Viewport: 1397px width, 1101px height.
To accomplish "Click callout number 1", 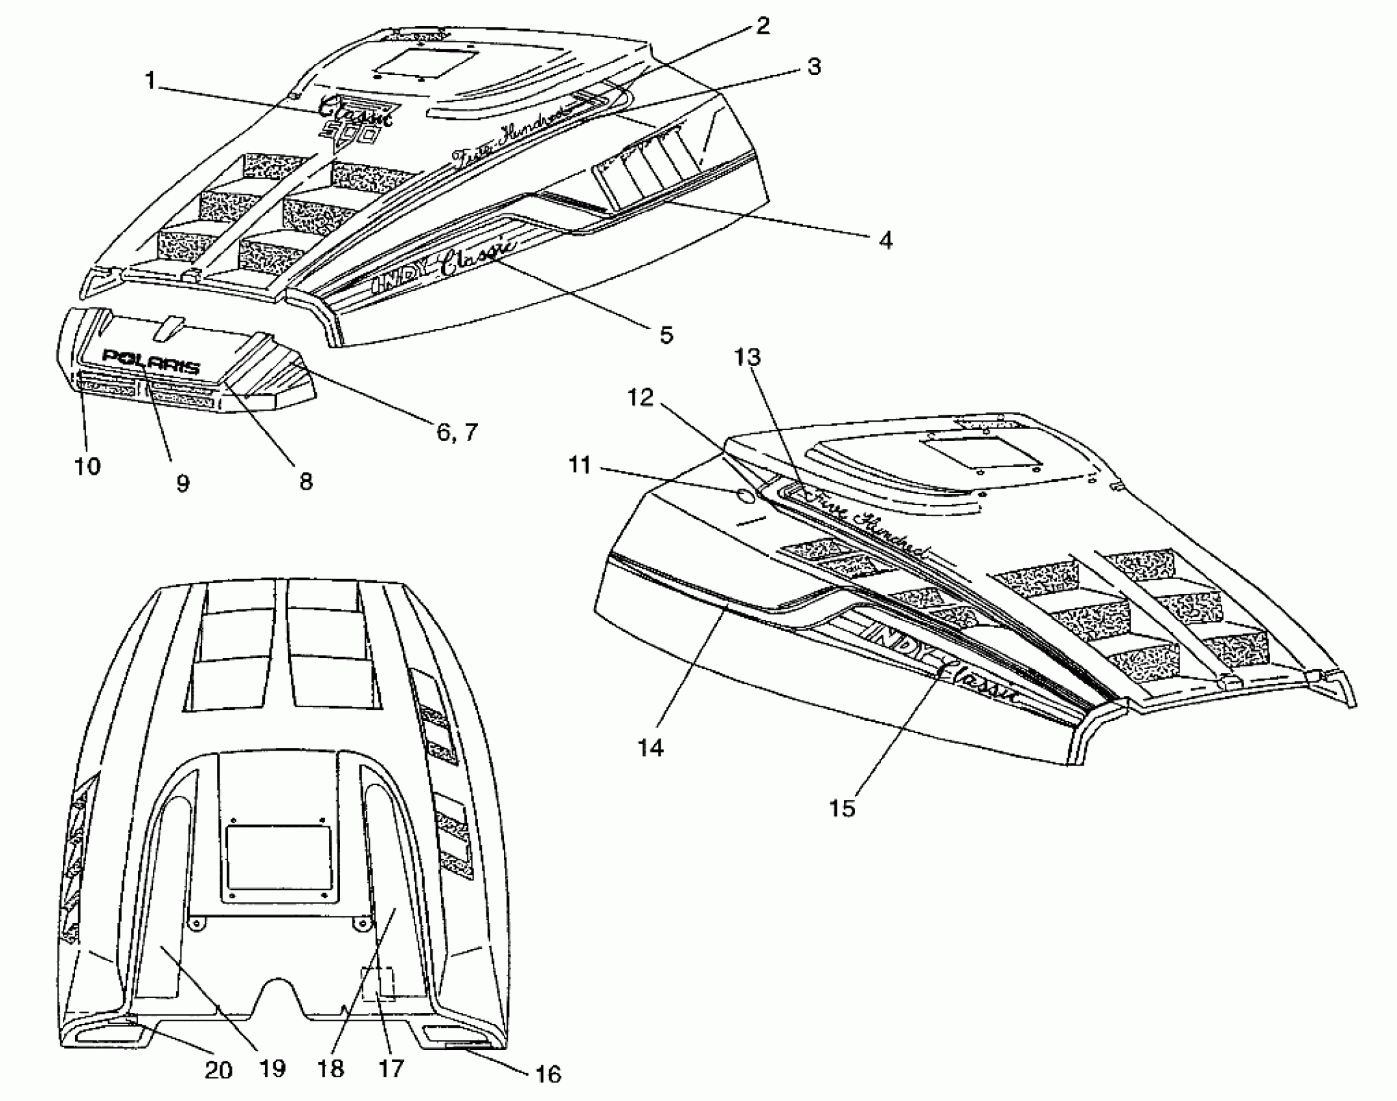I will [x=151, y=82].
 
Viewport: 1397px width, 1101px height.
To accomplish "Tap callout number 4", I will [x=885, y=240].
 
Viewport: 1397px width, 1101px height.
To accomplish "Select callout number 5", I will [x=666, y=335].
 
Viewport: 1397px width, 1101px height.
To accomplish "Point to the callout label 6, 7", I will [x=457, y=432].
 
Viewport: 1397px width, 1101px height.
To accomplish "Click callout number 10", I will [x=88, y=466].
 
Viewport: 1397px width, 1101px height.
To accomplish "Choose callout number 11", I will [x=580, y=465].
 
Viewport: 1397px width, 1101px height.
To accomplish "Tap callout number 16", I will [x=548, y=1074].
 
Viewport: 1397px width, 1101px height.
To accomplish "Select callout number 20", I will [x=218, y=1069].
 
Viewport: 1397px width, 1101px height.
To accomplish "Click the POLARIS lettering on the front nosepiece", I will [x=152, y=362].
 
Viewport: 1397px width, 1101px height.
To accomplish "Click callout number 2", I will [x=763, y=26].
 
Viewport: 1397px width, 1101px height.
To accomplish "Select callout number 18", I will [x=331, y=1068].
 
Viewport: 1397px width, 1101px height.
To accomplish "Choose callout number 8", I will [x=305, y=481].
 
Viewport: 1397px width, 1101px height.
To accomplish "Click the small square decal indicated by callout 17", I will [x=378, y=985].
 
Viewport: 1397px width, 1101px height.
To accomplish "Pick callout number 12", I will [x=641, y=398].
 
